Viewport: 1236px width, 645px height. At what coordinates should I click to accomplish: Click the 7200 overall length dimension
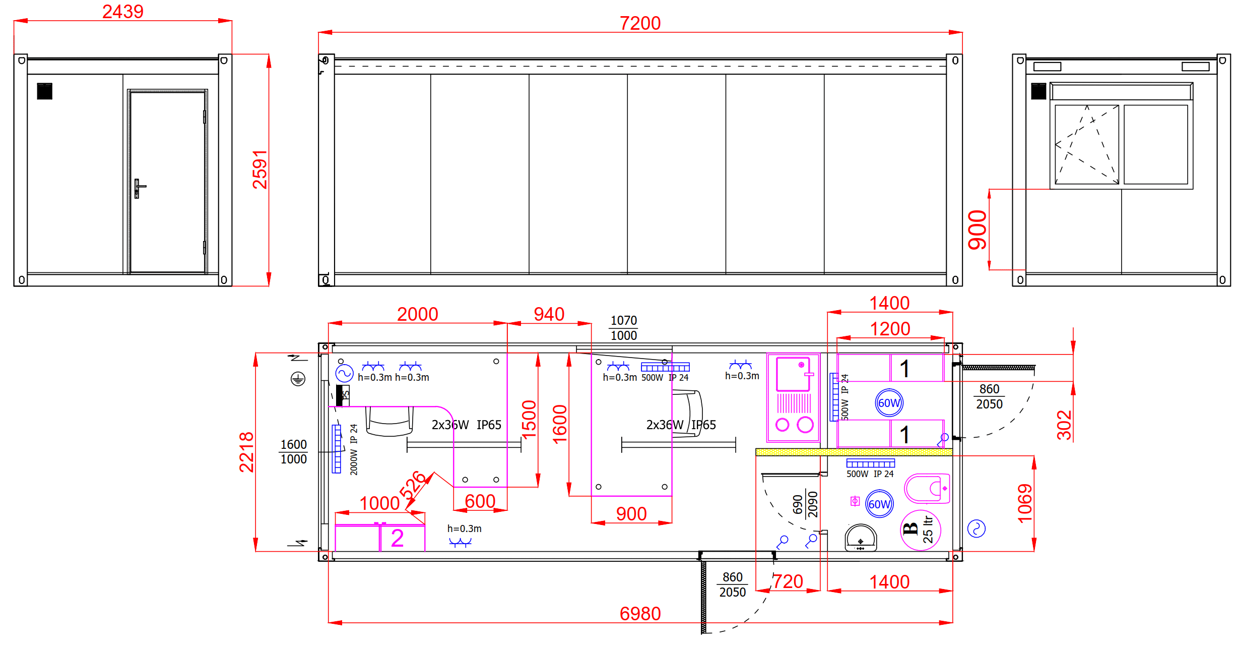click(x=640, y=23)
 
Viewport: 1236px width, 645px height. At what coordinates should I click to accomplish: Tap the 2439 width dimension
click(x=123, y=12)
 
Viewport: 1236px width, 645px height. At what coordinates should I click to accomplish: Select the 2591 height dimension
click(x=260, y=169)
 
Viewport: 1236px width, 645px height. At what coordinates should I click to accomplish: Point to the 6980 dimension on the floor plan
click(x=640, y=614)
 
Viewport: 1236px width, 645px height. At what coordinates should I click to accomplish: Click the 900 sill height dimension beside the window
click(x=978, y=230)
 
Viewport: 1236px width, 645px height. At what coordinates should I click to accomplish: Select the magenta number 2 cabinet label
click(x=397, y=538)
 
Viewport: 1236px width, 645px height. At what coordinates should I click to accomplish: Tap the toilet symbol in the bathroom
click(x=927, y=488)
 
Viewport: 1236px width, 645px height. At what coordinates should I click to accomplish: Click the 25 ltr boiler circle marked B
click(x=920, y=530)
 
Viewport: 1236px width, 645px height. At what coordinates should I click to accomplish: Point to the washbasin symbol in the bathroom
click(x=861, y=538)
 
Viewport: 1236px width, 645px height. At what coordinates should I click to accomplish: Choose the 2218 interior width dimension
click(x=246, y=452)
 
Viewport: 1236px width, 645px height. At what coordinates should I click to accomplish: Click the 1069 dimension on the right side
click(x=1025, y=503)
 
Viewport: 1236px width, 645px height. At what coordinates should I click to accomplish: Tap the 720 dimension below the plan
click(x=788, y=581)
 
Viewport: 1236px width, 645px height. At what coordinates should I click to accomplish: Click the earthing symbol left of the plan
click(x=298, y=379)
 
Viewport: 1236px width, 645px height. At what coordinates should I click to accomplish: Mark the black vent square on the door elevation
click(x=44, y=91)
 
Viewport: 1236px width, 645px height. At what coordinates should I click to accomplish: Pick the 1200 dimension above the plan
click(x=890, y=329)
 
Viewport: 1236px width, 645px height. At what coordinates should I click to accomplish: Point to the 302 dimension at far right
click(x=1064, y=425)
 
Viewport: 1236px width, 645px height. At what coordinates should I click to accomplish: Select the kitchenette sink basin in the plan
click(x=793, y=374)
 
